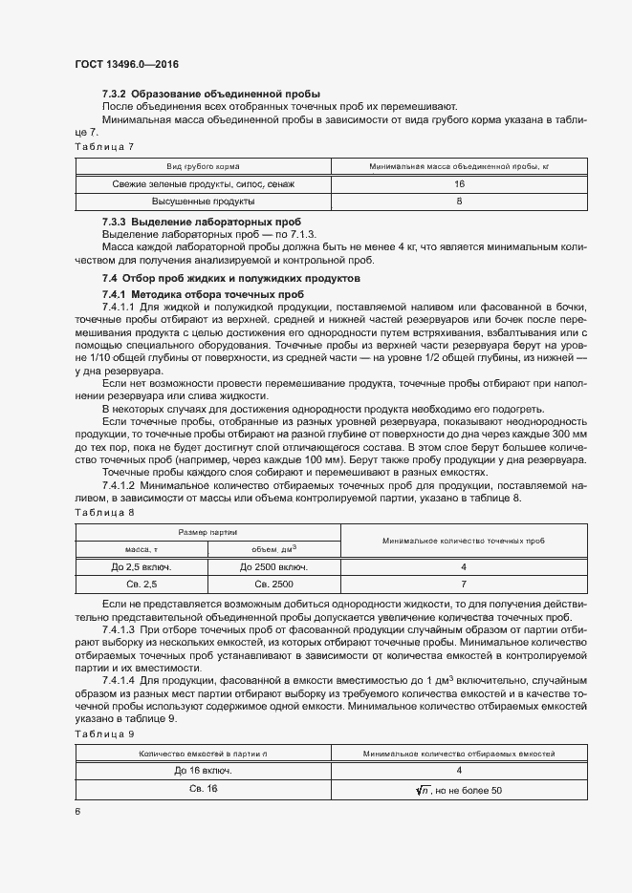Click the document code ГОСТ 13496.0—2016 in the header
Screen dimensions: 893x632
point(127,64)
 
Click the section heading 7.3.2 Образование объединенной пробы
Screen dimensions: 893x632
point(210,94)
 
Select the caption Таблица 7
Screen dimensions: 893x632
point(104,146)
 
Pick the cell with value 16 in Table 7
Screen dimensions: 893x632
point(459,183)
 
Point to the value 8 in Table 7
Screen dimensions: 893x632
point(459,202)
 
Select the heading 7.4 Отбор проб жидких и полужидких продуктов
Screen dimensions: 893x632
point(231,278)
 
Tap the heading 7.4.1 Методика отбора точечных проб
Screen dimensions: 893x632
point(204,293)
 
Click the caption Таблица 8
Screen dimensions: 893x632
point(104,513)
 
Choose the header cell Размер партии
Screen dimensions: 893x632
point(207,531)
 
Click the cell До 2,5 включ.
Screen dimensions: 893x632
point(141,566)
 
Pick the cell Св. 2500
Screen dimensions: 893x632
point(274,584)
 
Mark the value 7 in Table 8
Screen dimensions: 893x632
point(463,584)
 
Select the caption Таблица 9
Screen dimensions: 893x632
point(104,734)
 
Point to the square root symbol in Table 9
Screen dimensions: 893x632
point(425,789)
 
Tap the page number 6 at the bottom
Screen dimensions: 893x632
point(76,810)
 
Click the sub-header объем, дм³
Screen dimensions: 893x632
point(274,548)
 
